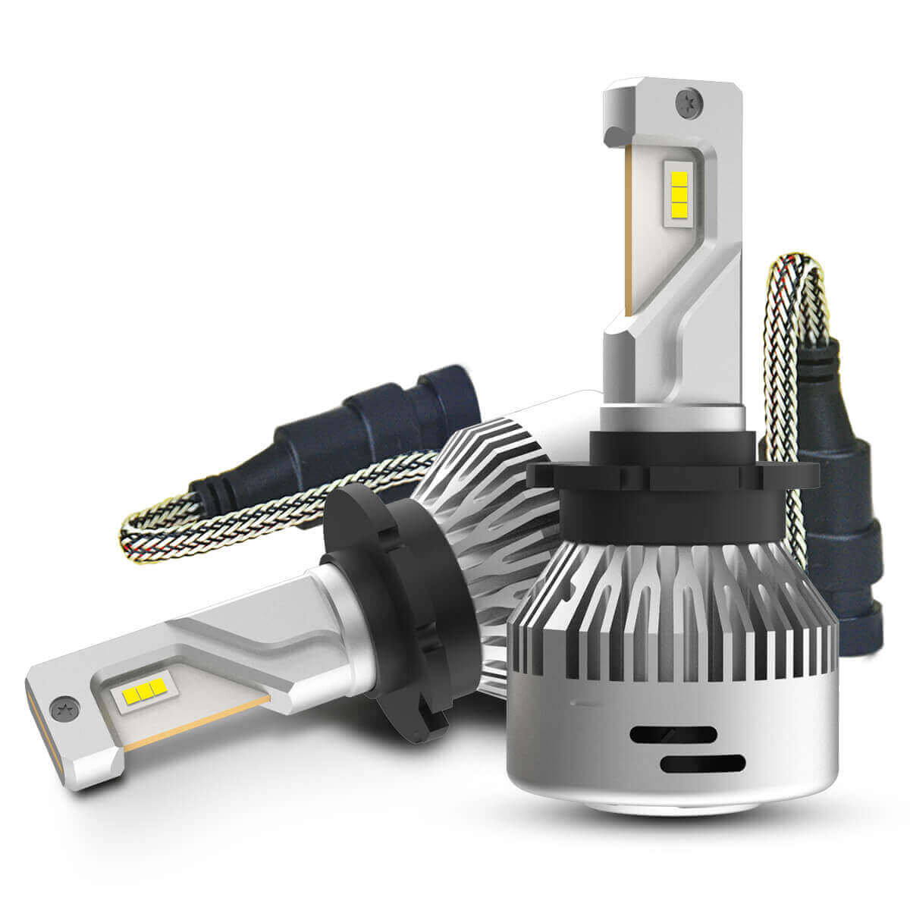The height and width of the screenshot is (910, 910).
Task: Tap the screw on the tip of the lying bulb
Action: pos(61,710)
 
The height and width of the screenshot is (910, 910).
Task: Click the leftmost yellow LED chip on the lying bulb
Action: pos(126,695)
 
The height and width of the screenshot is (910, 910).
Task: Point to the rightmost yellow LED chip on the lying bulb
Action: pos(157,687)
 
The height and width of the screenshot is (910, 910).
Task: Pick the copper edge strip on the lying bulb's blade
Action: pos(197,720)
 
